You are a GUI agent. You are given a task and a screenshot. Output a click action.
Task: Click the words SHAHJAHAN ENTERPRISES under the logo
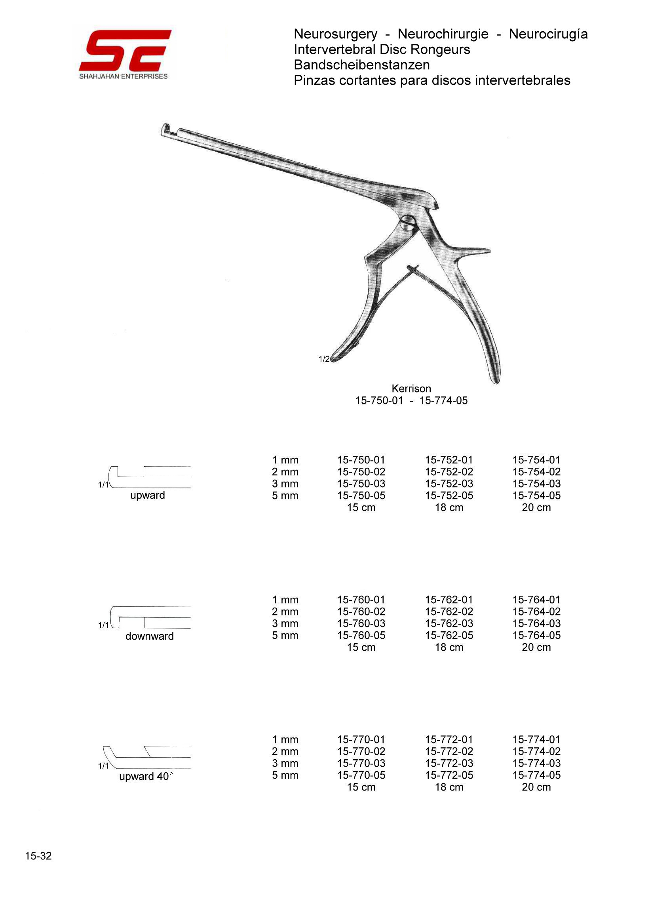[123, 76]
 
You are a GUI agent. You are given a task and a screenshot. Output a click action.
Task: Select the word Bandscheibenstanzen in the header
[362, 65]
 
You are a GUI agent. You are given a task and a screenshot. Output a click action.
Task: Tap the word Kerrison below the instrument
[411, 389]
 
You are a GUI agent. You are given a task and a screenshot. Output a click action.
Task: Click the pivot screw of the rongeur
[408, 224]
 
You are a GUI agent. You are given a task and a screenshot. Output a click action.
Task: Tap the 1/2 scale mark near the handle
[323, 359]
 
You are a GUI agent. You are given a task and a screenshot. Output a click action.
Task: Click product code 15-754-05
[536, 495]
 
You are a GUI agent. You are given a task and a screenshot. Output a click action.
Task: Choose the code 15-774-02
[536, 751]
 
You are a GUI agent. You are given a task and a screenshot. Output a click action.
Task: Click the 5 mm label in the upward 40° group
[285, 776]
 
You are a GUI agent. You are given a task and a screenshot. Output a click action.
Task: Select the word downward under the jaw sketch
[149, 636]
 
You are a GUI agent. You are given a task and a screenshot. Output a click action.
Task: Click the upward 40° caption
[146, 776]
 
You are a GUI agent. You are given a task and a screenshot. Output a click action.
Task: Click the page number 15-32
[38, 856]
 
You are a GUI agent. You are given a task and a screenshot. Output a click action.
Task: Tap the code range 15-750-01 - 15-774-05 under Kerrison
[411, 401]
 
